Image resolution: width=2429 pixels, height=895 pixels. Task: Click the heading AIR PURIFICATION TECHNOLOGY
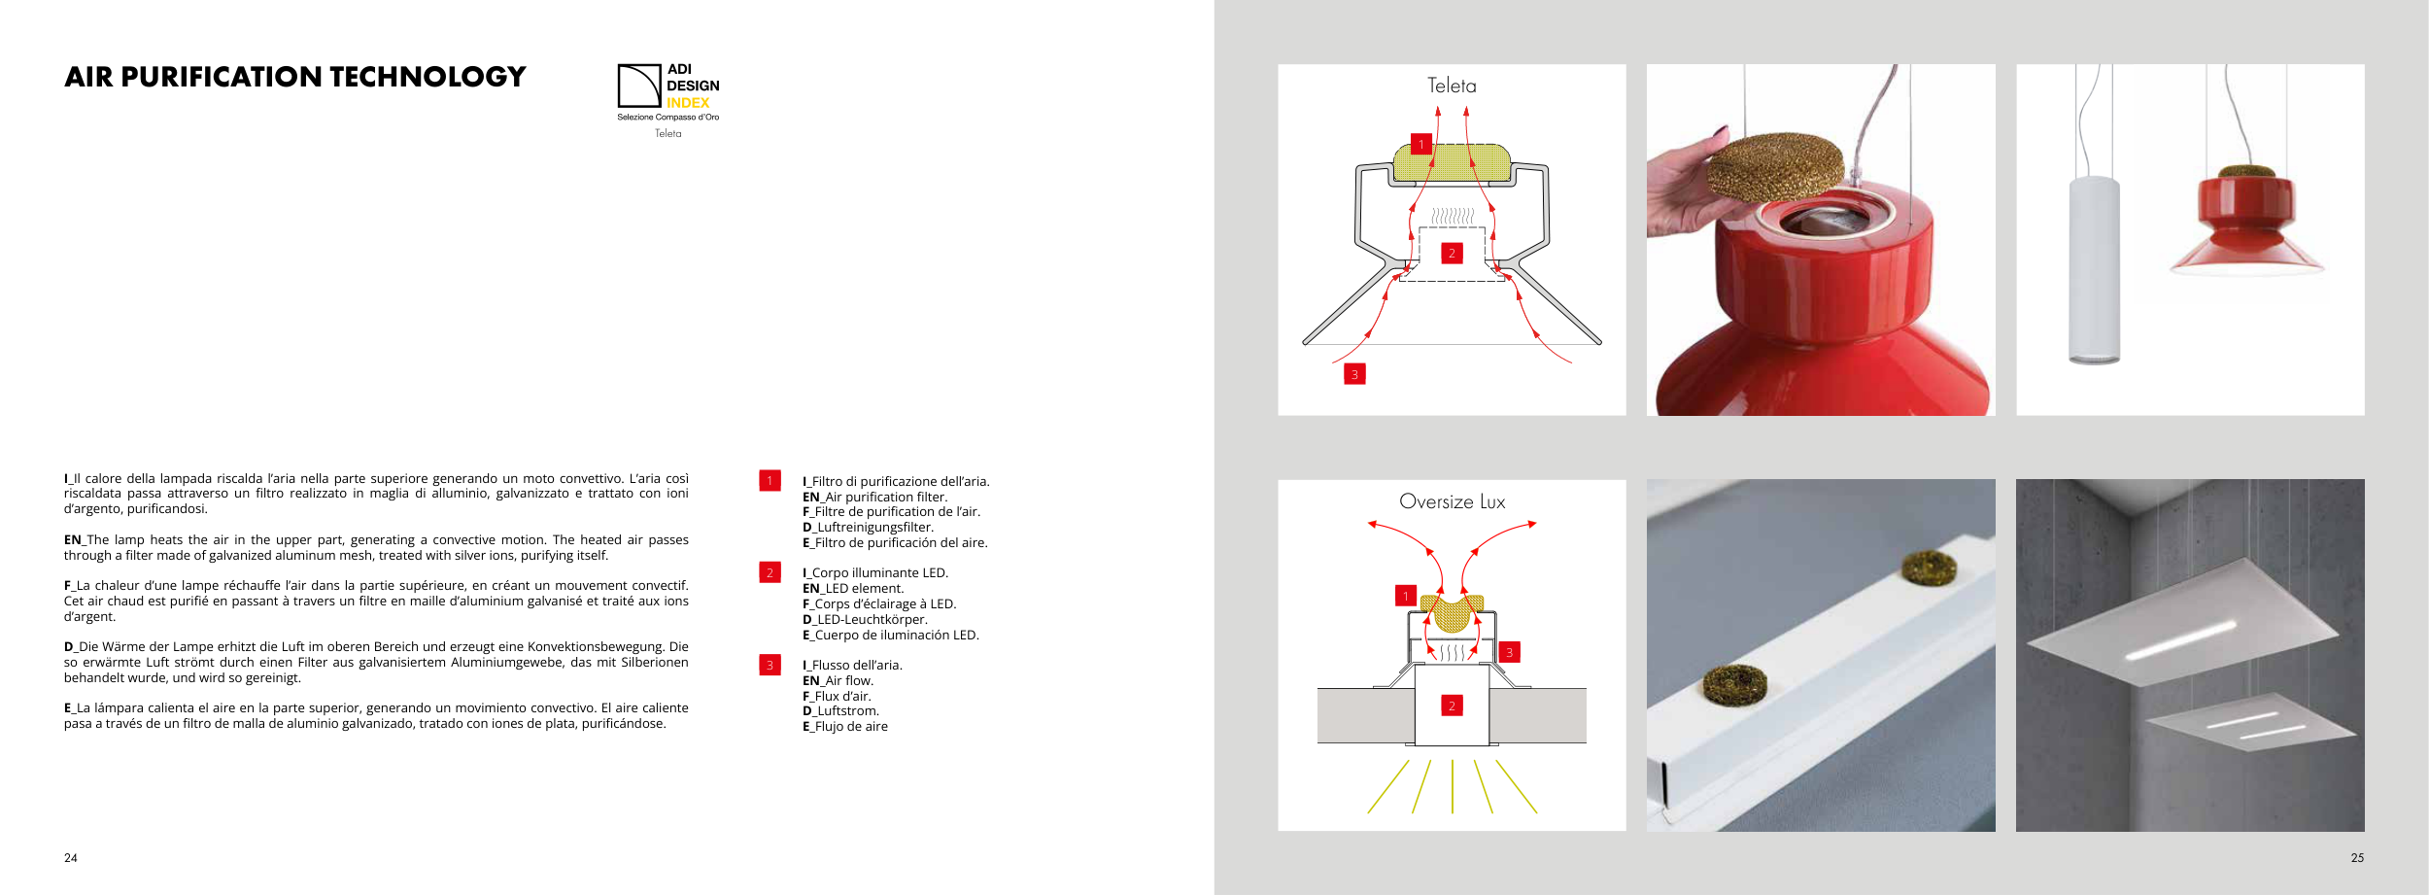(295, 77)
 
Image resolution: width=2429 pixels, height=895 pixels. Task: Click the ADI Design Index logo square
(639, 86)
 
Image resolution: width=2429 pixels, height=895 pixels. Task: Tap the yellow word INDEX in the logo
(688, 103)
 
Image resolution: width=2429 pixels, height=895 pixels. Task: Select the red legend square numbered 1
(770, 480)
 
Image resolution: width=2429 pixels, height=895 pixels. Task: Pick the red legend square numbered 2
(770, 572)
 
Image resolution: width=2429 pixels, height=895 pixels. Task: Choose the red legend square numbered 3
(770, 665)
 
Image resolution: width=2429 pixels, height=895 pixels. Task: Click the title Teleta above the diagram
(1452, 86)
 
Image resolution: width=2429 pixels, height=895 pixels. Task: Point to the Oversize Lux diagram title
(1452, 501)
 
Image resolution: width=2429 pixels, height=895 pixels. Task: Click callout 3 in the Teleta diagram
(1354, 374)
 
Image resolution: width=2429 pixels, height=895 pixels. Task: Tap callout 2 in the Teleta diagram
(1452, 254)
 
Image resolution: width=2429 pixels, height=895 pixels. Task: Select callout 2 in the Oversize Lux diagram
(1452, 706)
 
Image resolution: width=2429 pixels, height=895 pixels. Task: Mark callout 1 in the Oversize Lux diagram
(1405, 596)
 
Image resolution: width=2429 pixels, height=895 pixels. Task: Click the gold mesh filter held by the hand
(1775, 166)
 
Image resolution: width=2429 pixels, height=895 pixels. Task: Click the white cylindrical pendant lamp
(2094, 270)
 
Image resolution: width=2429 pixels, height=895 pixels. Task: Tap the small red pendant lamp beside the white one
(2247, 220)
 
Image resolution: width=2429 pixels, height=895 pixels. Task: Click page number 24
(71, 858)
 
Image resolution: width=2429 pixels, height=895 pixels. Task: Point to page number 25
(2357, 858)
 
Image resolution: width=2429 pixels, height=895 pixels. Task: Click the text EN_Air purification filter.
(874, 497)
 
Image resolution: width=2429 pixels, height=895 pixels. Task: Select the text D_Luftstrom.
(840, 711)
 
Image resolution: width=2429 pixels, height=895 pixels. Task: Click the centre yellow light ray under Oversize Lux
(1453, 786)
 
